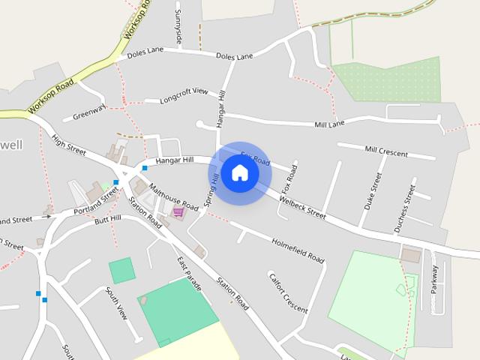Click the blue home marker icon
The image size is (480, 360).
point(239,173)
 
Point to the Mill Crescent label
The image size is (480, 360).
point(385,151)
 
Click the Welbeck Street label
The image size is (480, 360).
point(302,208)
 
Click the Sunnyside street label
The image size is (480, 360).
point(178,27)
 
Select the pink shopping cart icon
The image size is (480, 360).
point(178,212)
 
